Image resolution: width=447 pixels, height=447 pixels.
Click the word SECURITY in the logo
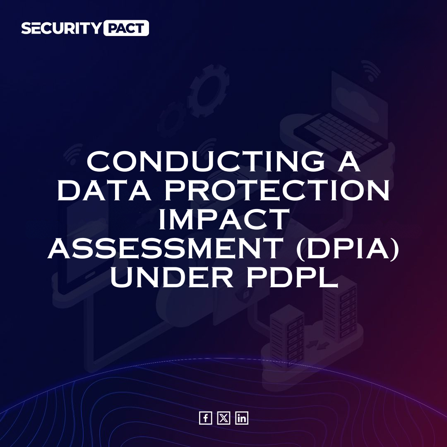[x=61, y=28]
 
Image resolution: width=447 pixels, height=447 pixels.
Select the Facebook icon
[x=205, y=418]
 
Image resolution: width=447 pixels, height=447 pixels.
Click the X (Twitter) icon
[x=223, y=418]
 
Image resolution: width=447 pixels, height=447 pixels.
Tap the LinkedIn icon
[x=242, y=418]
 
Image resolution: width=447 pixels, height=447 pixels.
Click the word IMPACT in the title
[x=223, y=220]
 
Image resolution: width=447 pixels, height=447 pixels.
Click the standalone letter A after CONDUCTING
[x=347, y=163]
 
